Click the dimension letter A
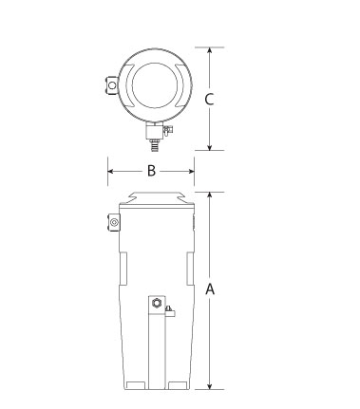210,289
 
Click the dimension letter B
152,171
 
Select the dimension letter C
209,99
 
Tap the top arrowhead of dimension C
209,50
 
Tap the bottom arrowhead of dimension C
209,147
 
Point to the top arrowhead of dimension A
209,195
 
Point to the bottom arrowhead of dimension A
209,386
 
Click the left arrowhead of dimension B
111,171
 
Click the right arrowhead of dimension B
191,171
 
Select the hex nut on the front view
157,303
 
